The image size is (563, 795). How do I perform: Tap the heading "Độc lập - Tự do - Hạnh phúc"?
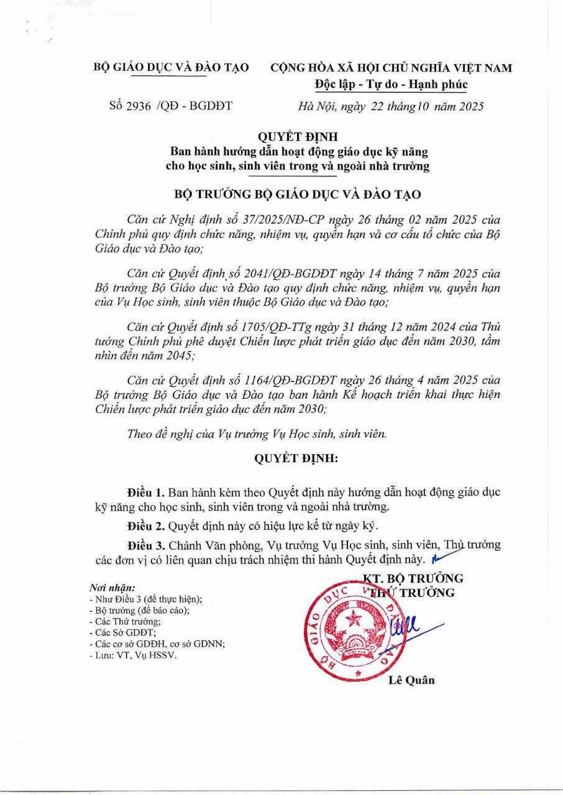point(391,84)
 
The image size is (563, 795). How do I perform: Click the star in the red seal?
point(355,619)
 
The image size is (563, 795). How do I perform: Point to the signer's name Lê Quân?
point(411,680)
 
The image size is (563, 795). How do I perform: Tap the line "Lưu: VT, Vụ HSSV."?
point(132,655)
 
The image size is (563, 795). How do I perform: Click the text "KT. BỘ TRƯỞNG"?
point(413,579)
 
